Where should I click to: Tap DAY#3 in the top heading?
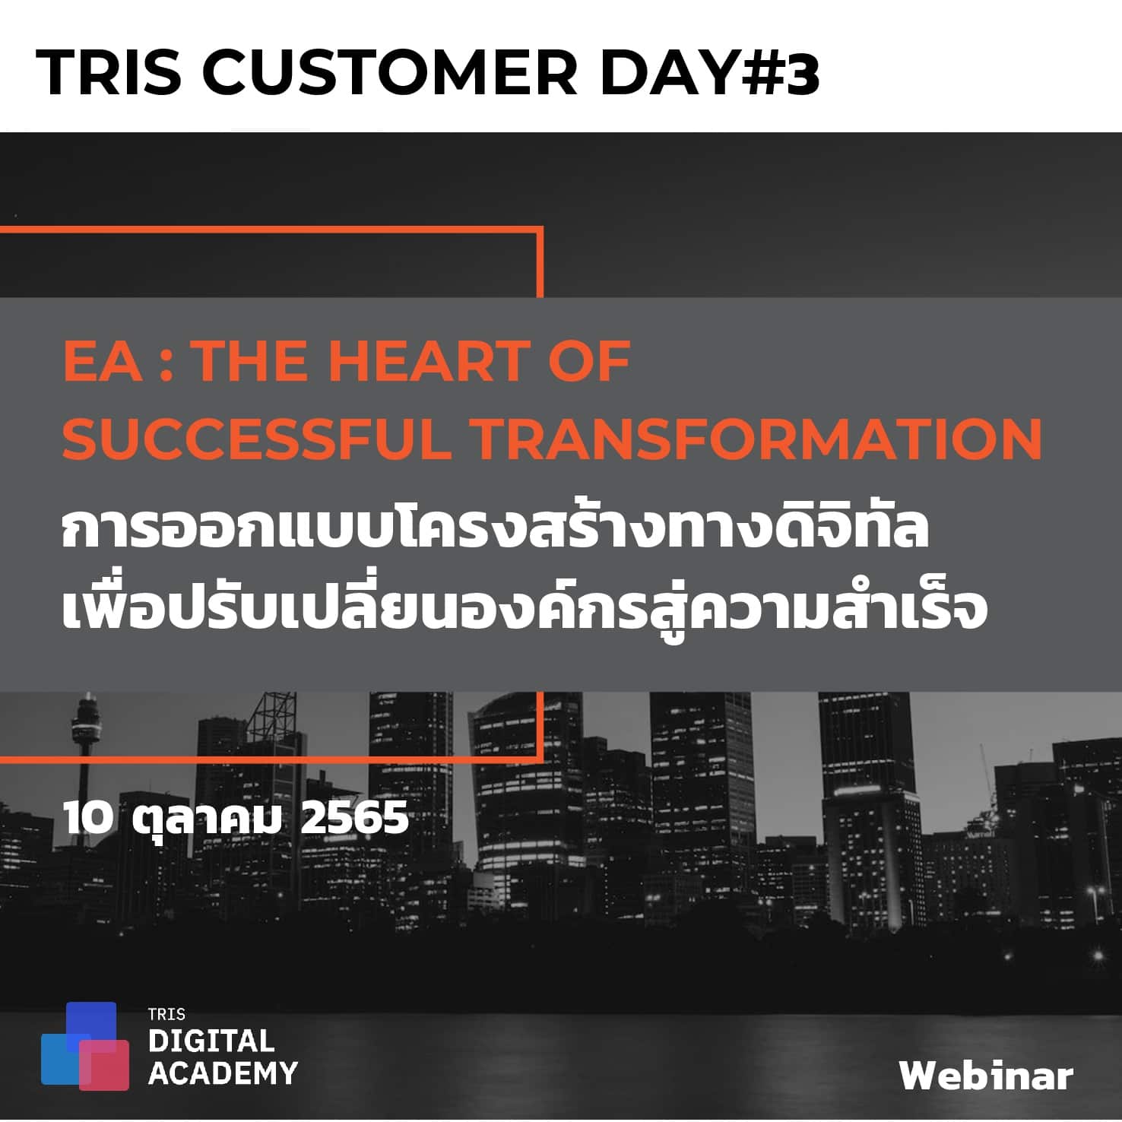pyautogui.click(x=709, y=73)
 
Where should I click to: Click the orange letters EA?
pyautogui.click(x=102, y=361)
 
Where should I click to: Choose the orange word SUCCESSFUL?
pyautogui.click(x=256, y=439)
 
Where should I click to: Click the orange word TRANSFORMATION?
pyautogui.click(x=754, y=439)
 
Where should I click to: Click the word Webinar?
pyautogui.click(x=986, y=1076)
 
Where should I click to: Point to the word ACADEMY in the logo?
pyautogui.click(x=223, y=1073)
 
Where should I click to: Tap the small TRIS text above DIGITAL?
pyautogui.click(x=166, y=1014)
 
